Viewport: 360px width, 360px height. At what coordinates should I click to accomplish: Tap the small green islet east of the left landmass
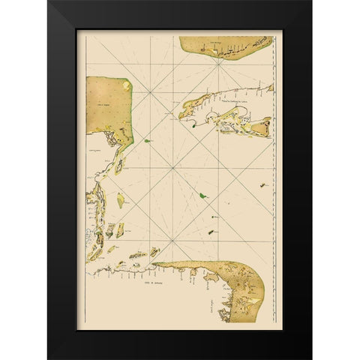click(148, 139)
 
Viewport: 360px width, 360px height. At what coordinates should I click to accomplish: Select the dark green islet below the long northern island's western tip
click(193, 127)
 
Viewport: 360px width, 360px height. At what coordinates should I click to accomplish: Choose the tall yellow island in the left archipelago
click(120, 201)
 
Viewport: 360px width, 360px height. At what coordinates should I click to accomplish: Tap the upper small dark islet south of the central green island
click(214, 217)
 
